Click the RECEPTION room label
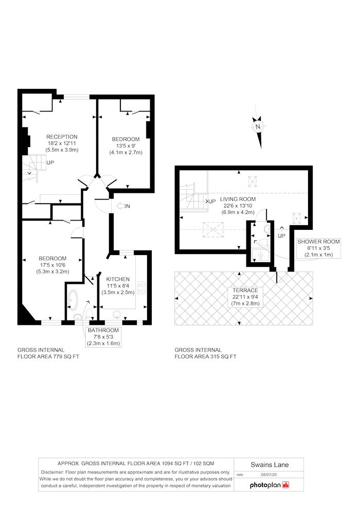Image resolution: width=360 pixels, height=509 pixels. tap(62, 137)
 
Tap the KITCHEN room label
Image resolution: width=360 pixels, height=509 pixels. tap(118, 279)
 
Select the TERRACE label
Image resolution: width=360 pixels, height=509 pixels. tap(245, 290)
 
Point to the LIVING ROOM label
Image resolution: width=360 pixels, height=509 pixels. tap(238, 199)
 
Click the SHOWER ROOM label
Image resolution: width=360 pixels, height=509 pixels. tap(318, 242)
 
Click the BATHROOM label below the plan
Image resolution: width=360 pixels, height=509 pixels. tap(103, 330)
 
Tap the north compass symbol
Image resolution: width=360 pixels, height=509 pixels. tap(258, 127)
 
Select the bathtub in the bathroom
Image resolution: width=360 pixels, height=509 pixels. tap(73, 300)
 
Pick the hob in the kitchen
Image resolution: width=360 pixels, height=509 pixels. tap(142, 287)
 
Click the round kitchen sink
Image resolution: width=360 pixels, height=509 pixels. tap(117, 314)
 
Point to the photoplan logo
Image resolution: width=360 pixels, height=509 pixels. tap(269, 485)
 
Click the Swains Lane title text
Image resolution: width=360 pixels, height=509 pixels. tap(269, 465)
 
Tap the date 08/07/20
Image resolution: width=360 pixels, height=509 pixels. tap(269, 475)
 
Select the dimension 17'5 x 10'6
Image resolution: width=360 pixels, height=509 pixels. tap(52, 265)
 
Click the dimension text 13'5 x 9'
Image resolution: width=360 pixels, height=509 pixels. tap(125, 146)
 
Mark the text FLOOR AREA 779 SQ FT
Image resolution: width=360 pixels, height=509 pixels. tap(48, 356)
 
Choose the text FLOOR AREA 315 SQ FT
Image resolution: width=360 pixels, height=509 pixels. tap(206, 356)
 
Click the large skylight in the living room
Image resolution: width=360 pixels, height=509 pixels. tap(213, 230)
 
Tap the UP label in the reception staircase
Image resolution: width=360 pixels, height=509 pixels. tap(50, 162)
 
